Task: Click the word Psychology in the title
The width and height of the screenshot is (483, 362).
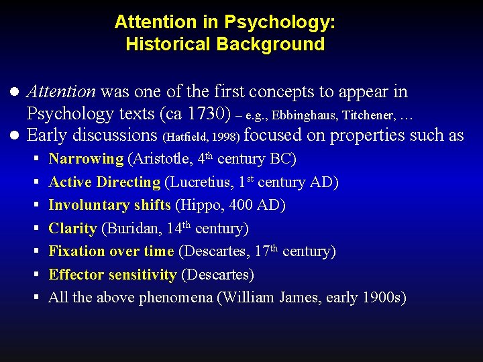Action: [280, 22]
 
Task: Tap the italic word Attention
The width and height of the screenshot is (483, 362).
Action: [61, 91]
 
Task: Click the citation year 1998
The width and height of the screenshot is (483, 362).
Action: [226, 137]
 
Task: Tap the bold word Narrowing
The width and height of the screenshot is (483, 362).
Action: [86, 159]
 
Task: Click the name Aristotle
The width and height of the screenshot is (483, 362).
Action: [159, 159]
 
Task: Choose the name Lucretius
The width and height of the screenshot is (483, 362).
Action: [198, 182]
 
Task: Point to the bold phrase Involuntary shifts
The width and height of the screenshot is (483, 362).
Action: [109, 205]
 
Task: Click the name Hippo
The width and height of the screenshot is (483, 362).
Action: [198, 205]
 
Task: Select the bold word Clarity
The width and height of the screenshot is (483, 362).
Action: [72, 228]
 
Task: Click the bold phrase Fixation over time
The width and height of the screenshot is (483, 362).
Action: [111, 251]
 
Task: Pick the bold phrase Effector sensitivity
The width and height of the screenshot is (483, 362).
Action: [113, 274]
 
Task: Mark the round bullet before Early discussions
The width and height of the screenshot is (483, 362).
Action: [14, 135]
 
